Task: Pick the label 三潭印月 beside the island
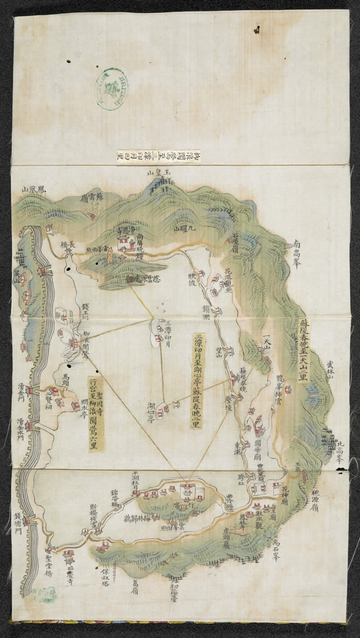click(167, 331)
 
